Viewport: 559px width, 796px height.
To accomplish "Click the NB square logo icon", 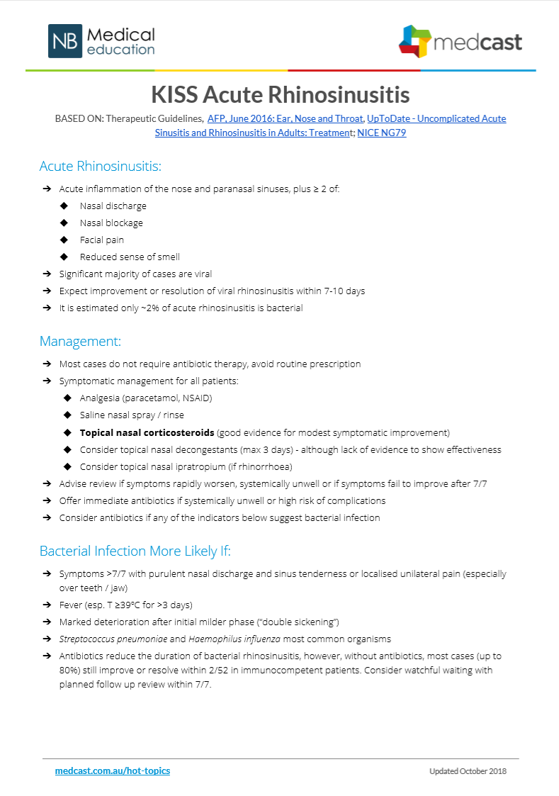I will click(x=65, y=41).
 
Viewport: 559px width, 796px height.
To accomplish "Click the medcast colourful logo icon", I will click(x=414, y=41).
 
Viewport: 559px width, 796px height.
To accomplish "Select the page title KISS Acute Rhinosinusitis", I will click(x=280, y=94).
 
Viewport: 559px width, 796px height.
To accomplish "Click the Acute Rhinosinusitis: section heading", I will click(x=101, y=167).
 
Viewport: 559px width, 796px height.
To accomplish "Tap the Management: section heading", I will click(x=80, y=341).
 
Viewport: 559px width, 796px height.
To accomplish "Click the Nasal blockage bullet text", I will click(x=111, y=223).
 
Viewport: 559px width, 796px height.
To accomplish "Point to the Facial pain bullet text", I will click(x=102, y=240).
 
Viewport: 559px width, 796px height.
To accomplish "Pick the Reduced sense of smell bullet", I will click(x=130, y=257).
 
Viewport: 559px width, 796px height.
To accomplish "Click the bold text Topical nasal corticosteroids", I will click(x=147, y=432).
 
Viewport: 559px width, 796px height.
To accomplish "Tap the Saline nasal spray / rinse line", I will click(x=132, y=415).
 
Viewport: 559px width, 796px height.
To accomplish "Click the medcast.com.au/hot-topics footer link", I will click(x=113, y=770).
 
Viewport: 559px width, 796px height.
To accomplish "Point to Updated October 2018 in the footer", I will click(x=468, y=771).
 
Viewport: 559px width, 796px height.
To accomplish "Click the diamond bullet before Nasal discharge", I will click(x=65, y=206).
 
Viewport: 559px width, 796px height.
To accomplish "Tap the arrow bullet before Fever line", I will click(x=47, y=605).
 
